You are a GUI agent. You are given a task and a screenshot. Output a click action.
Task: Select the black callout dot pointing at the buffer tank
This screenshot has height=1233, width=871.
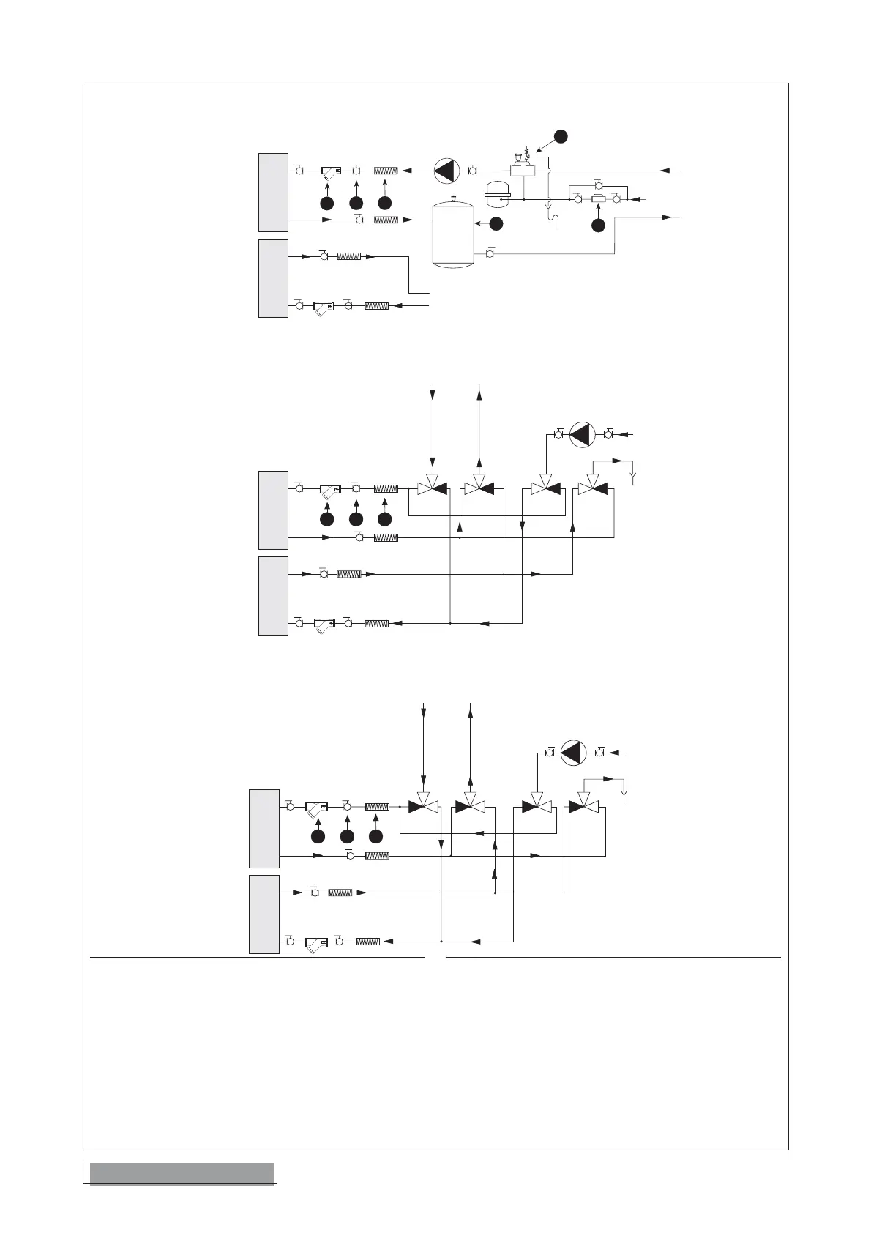pos(496,224)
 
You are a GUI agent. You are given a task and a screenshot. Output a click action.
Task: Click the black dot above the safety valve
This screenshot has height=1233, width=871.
pos(560,136)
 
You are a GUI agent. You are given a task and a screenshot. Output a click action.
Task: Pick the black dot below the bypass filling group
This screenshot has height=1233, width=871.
pos(598,226)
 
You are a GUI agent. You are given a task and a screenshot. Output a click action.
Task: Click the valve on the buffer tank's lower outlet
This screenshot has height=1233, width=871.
pos(490,254)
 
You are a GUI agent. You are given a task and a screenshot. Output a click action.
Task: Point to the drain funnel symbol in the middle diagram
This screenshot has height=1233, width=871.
pos(633,478)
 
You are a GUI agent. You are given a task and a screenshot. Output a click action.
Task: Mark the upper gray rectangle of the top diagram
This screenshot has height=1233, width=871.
pos(273,193)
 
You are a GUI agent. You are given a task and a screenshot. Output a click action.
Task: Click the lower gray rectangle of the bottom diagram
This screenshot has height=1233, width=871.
pos(264,914)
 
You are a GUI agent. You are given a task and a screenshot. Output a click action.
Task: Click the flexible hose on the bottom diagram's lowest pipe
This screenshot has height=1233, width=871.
pos(367,941)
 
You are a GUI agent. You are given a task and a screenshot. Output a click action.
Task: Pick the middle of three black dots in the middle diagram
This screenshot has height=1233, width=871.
pos(356,519)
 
